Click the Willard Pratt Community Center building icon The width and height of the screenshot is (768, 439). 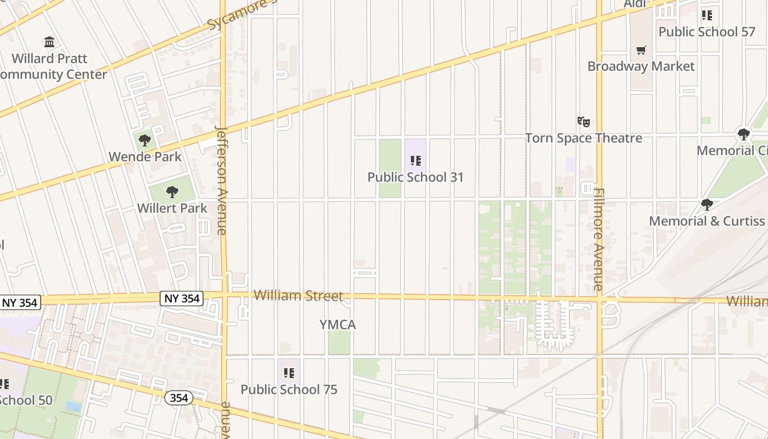coord(49,42)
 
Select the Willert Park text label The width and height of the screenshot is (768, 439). coord(172,208)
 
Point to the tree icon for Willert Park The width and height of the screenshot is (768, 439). coord(172,192)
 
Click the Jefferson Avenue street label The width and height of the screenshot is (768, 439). coord(222,181)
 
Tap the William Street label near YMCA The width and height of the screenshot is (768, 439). coord(298,296)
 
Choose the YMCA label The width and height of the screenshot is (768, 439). coord(337,325)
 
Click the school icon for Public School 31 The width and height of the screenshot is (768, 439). coord(416,161)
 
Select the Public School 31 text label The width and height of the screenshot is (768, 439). coord(415,177)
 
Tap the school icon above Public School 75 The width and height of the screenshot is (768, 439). coord(289,374)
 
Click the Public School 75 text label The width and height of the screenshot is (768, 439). coord(289,390)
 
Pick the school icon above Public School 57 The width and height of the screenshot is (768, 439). coord(707,15)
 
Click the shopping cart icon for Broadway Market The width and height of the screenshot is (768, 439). coord(641,50)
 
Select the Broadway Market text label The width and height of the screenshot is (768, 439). coord(641,66)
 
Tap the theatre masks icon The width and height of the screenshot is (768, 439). coord(583,121)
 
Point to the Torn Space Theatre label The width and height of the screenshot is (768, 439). coord(584,138)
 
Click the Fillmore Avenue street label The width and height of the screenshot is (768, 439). coord(598,239)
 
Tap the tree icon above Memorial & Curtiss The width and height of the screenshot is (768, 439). coord(707,205)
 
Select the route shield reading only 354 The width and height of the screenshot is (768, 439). coord(179,398)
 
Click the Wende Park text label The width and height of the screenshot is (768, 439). coord(145,157)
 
